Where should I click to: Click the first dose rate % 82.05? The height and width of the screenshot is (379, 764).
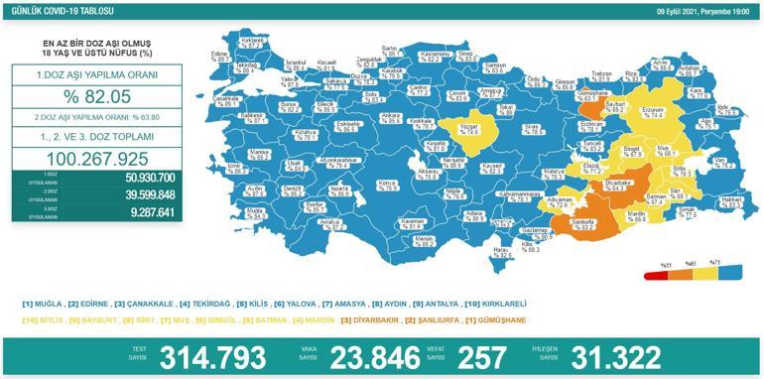coord(83,96)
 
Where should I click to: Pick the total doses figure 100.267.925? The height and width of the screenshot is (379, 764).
coord(83,159)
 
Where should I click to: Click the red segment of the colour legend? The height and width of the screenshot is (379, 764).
coord(651,276)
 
